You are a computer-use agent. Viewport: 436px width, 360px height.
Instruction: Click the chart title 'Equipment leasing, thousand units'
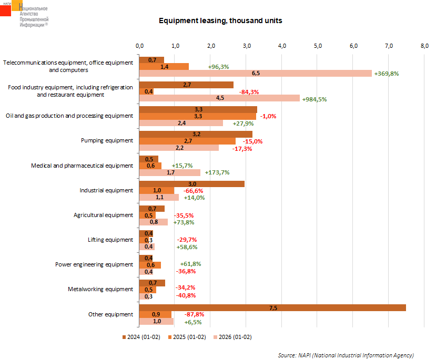[x=220, y=21]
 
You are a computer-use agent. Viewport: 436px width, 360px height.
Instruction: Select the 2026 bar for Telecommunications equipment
[x=255, y=74]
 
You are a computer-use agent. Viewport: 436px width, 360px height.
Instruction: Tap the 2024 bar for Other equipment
[x=272, y=307]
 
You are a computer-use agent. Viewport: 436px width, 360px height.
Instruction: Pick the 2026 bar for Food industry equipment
[x=219, y=98]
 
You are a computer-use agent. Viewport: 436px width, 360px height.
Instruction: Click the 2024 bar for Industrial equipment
[x=191, y=184]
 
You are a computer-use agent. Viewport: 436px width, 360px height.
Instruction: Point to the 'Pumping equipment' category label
[x=107, y=141]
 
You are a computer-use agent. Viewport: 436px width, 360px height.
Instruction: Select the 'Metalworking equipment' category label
[x=100, y=289]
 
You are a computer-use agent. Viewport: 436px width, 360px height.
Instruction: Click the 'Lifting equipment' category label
[x=110, y=240]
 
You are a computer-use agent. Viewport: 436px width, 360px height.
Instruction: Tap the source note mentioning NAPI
[x=346, y=355]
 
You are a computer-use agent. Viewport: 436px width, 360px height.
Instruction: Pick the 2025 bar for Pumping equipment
[x=187, y=141]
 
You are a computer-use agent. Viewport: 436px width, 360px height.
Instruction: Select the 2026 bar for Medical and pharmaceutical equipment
[x=169, y=172]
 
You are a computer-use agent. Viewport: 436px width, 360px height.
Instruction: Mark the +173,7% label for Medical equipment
[x=218, y=172]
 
